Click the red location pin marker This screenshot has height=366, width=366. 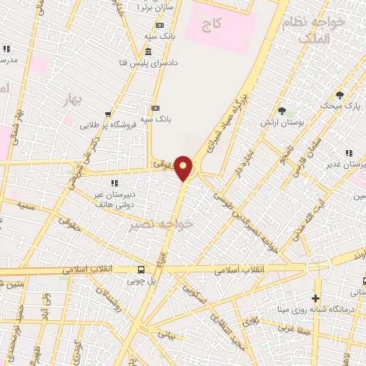(x=184, y=168)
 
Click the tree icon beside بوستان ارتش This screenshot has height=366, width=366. (x=282, y=111)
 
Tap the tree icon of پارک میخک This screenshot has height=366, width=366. (x=340, y=94)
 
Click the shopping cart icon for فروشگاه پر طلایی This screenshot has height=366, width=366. (x=108, y=114)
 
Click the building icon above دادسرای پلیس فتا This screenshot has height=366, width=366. (x=148, y=51)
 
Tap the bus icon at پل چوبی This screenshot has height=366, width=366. (x=141, y=269)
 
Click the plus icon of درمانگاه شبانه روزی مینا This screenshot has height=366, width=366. (x=315, y=298)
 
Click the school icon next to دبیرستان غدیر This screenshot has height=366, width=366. (x=349, y=153)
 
